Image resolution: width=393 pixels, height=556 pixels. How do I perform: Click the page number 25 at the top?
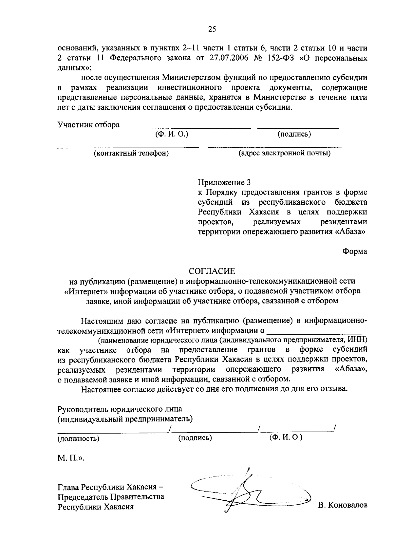coord(212,29)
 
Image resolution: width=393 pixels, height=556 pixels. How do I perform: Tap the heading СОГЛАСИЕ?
coord(212,271)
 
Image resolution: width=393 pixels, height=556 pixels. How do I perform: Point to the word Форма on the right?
coord(355,251)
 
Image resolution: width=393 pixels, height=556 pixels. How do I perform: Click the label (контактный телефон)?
coord(131,153)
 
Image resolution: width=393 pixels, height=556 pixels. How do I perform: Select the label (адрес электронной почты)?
coord(284,153)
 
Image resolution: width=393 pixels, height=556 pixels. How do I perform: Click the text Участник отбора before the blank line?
coord(88,125)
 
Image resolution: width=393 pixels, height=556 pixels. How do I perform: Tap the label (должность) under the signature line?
coord(79,438)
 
